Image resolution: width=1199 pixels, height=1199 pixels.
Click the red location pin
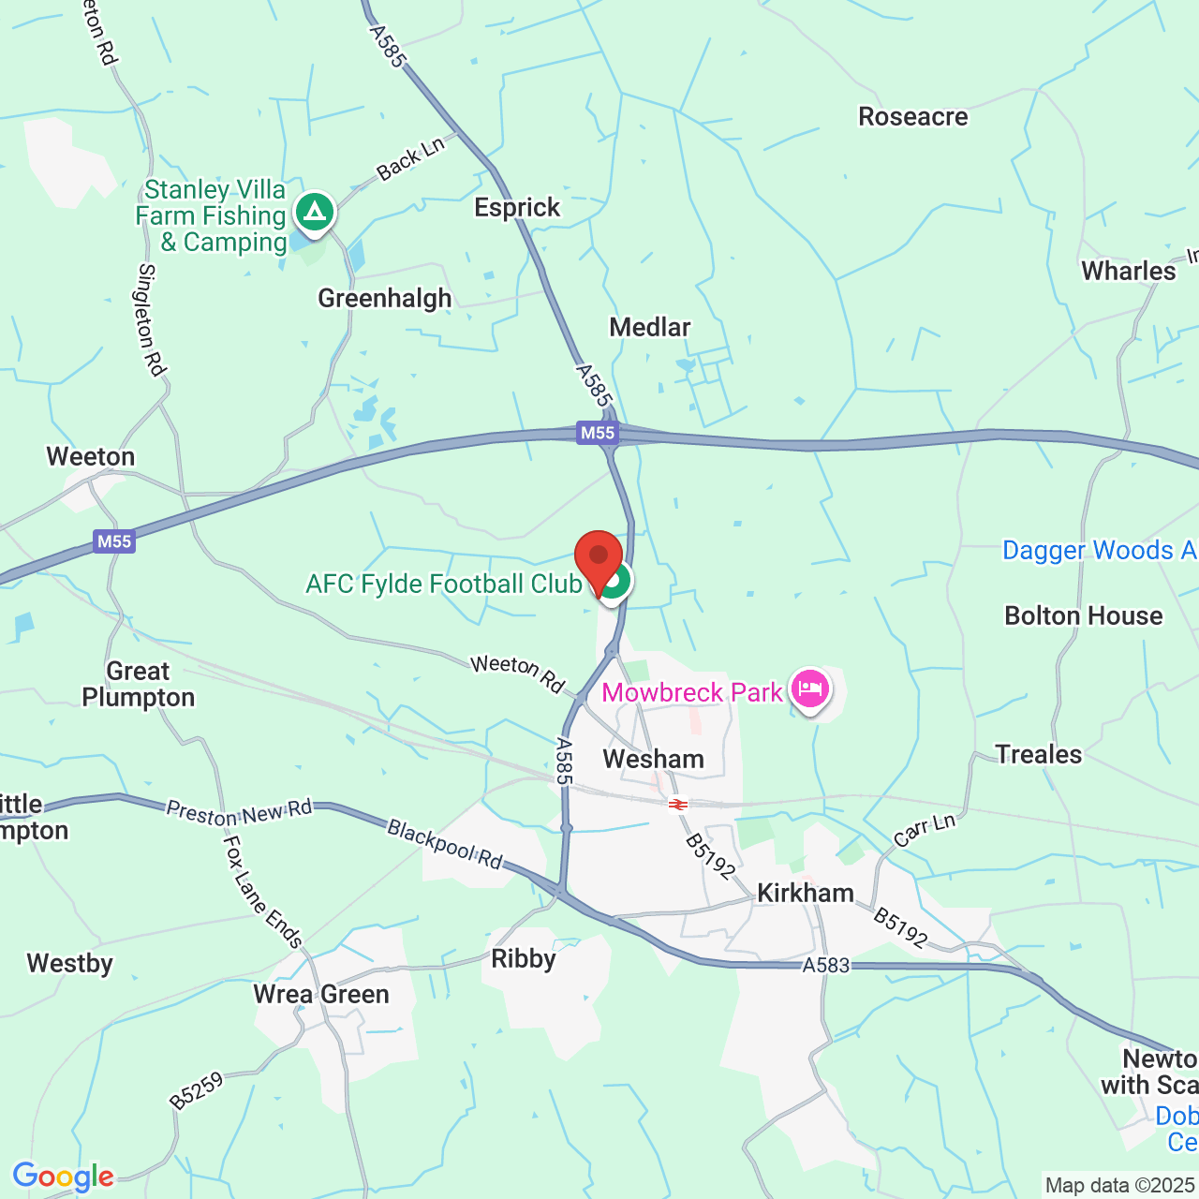point(598,559)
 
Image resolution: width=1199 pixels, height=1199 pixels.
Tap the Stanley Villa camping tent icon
point(315,212)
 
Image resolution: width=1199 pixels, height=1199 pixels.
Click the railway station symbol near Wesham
point(678,804)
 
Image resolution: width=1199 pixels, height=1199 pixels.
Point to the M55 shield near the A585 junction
point(598,433)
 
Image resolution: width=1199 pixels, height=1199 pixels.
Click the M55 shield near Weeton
point(114,541)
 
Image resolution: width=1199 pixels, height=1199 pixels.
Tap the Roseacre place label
point(912,117)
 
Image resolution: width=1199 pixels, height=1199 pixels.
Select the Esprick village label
point(517,208)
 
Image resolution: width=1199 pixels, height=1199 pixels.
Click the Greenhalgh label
point(385,299)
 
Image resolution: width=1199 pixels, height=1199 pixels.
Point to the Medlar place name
point(650,328)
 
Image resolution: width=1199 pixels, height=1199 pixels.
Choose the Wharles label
point(1128,272)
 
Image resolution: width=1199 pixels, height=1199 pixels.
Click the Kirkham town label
point(806,893)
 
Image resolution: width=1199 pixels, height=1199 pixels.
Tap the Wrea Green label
point(321,995)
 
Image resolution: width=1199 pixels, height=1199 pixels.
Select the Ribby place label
point(524,959)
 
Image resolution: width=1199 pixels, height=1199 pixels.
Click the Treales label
point(1038,755)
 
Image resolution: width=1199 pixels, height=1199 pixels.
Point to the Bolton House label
point(1083,616)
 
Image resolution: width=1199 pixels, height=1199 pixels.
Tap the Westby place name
point(70,964)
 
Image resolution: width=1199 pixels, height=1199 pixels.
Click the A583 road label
point(825,965)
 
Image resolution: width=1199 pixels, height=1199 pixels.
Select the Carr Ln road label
point(925,831)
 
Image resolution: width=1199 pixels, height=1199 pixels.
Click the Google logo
point(63,1177)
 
